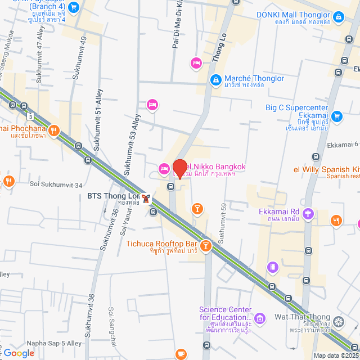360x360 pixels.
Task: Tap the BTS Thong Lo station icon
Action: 146,199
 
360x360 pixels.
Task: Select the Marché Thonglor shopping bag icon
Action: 215,80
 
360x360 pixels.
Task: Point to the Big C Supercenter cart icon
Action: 337,116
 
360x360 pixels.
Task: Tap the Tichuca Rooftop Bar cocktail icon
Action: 206,245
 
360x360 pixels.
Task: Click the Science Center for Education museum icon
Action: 260,319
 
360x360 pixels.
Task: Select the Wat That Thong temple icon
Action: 339,322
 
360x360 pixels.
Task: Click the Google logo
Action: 19,353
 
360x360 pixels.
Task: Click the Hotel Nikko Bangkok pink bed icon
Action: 164,168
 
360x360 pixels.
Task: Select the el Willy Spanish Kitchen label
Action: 326,170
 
